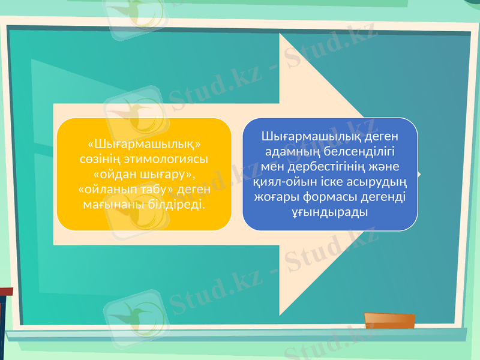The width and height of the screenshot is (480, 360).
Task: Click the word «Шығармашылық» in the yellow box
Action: click(144, 145)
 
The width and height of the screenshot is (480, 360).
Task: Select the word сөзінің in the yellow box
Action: click(100, 160)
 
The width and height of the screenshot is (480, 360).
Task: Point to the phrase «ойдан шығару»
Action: click(144, 175)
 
